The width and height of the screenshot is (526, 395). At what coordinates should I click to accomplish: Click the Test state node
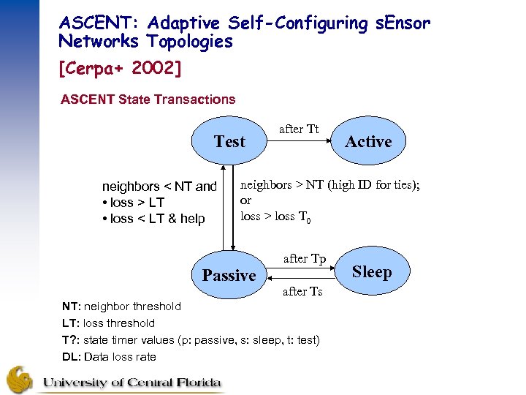pyautogui.click(x=229, y=142)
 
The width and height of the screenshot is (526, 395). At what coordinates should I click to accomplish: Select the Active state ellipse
pyautogui.click(x=368, y=142)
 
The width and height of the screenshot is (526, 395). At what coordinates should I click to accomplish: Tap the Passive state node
pyautogui.click(x=229, y=275)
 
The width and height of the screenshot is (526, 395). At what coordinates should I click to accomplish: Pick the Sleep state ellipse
pyautogui.click(x=372, y=272)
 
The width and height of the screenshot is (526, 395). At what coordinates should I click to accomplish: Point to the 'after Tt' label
pyautogui.click(x=299, y=129)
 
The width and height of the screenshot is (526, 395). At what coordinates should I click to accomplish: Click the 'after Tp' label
pyautogui.click(x=304, y=259)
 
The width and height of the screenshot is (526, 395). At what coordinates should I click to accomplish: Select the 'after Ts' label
pyautogui.click(x=302, y=291)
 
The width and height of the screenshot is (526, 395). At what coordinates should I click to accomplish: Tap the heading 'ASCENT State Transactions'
pyautogui.click(x=148, y=99)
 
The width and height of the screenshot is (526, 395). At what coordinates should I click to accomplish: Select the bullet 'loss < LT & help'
pyautogui.click(x=153, y=219)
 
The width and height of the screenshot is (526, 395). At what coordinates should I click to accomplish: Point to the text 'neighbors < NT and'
pyautogui.click(x=159, y=187)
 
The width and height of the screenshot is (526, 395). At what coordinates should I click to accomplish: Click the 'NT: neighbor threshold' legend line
pyautogui.click(x=121, y=306)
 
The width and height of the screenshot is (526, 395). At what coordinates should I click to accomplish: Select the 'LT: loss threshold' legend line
pyautogui.click(x=109, y=323)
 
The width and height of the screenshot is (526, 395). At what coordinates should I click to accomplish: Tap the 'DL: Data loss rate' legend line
pyautogui.click(x=109, y=356)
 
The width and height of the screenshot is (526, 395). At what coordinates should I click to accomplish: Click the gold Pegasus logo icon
pyautogui.click(x=20, y=379)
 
